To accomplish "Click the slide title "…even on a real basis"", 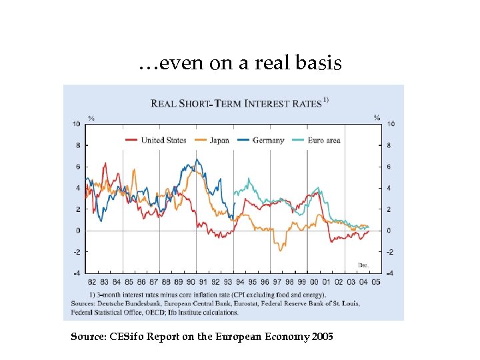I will coord(240,64).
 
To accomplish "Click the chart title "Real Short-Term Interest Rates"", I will coord(237,103).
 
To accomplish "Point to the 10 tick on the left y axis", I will coord(77,124).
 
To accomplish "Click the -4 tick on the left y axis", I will coord(77,273).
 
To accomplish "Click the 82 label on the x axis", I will coord(92,282).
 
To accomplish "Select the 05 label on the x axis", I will coord(376,282).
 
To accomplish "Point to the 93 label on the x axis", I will coord(228,282).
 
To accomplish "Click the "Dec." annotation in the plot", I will coord(363,265).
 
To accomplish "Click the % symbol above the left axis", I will coord(91,118).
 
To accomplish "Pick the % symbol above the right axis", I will coord(377,118).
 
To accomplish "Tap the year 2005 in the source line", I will coord(322,337).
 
